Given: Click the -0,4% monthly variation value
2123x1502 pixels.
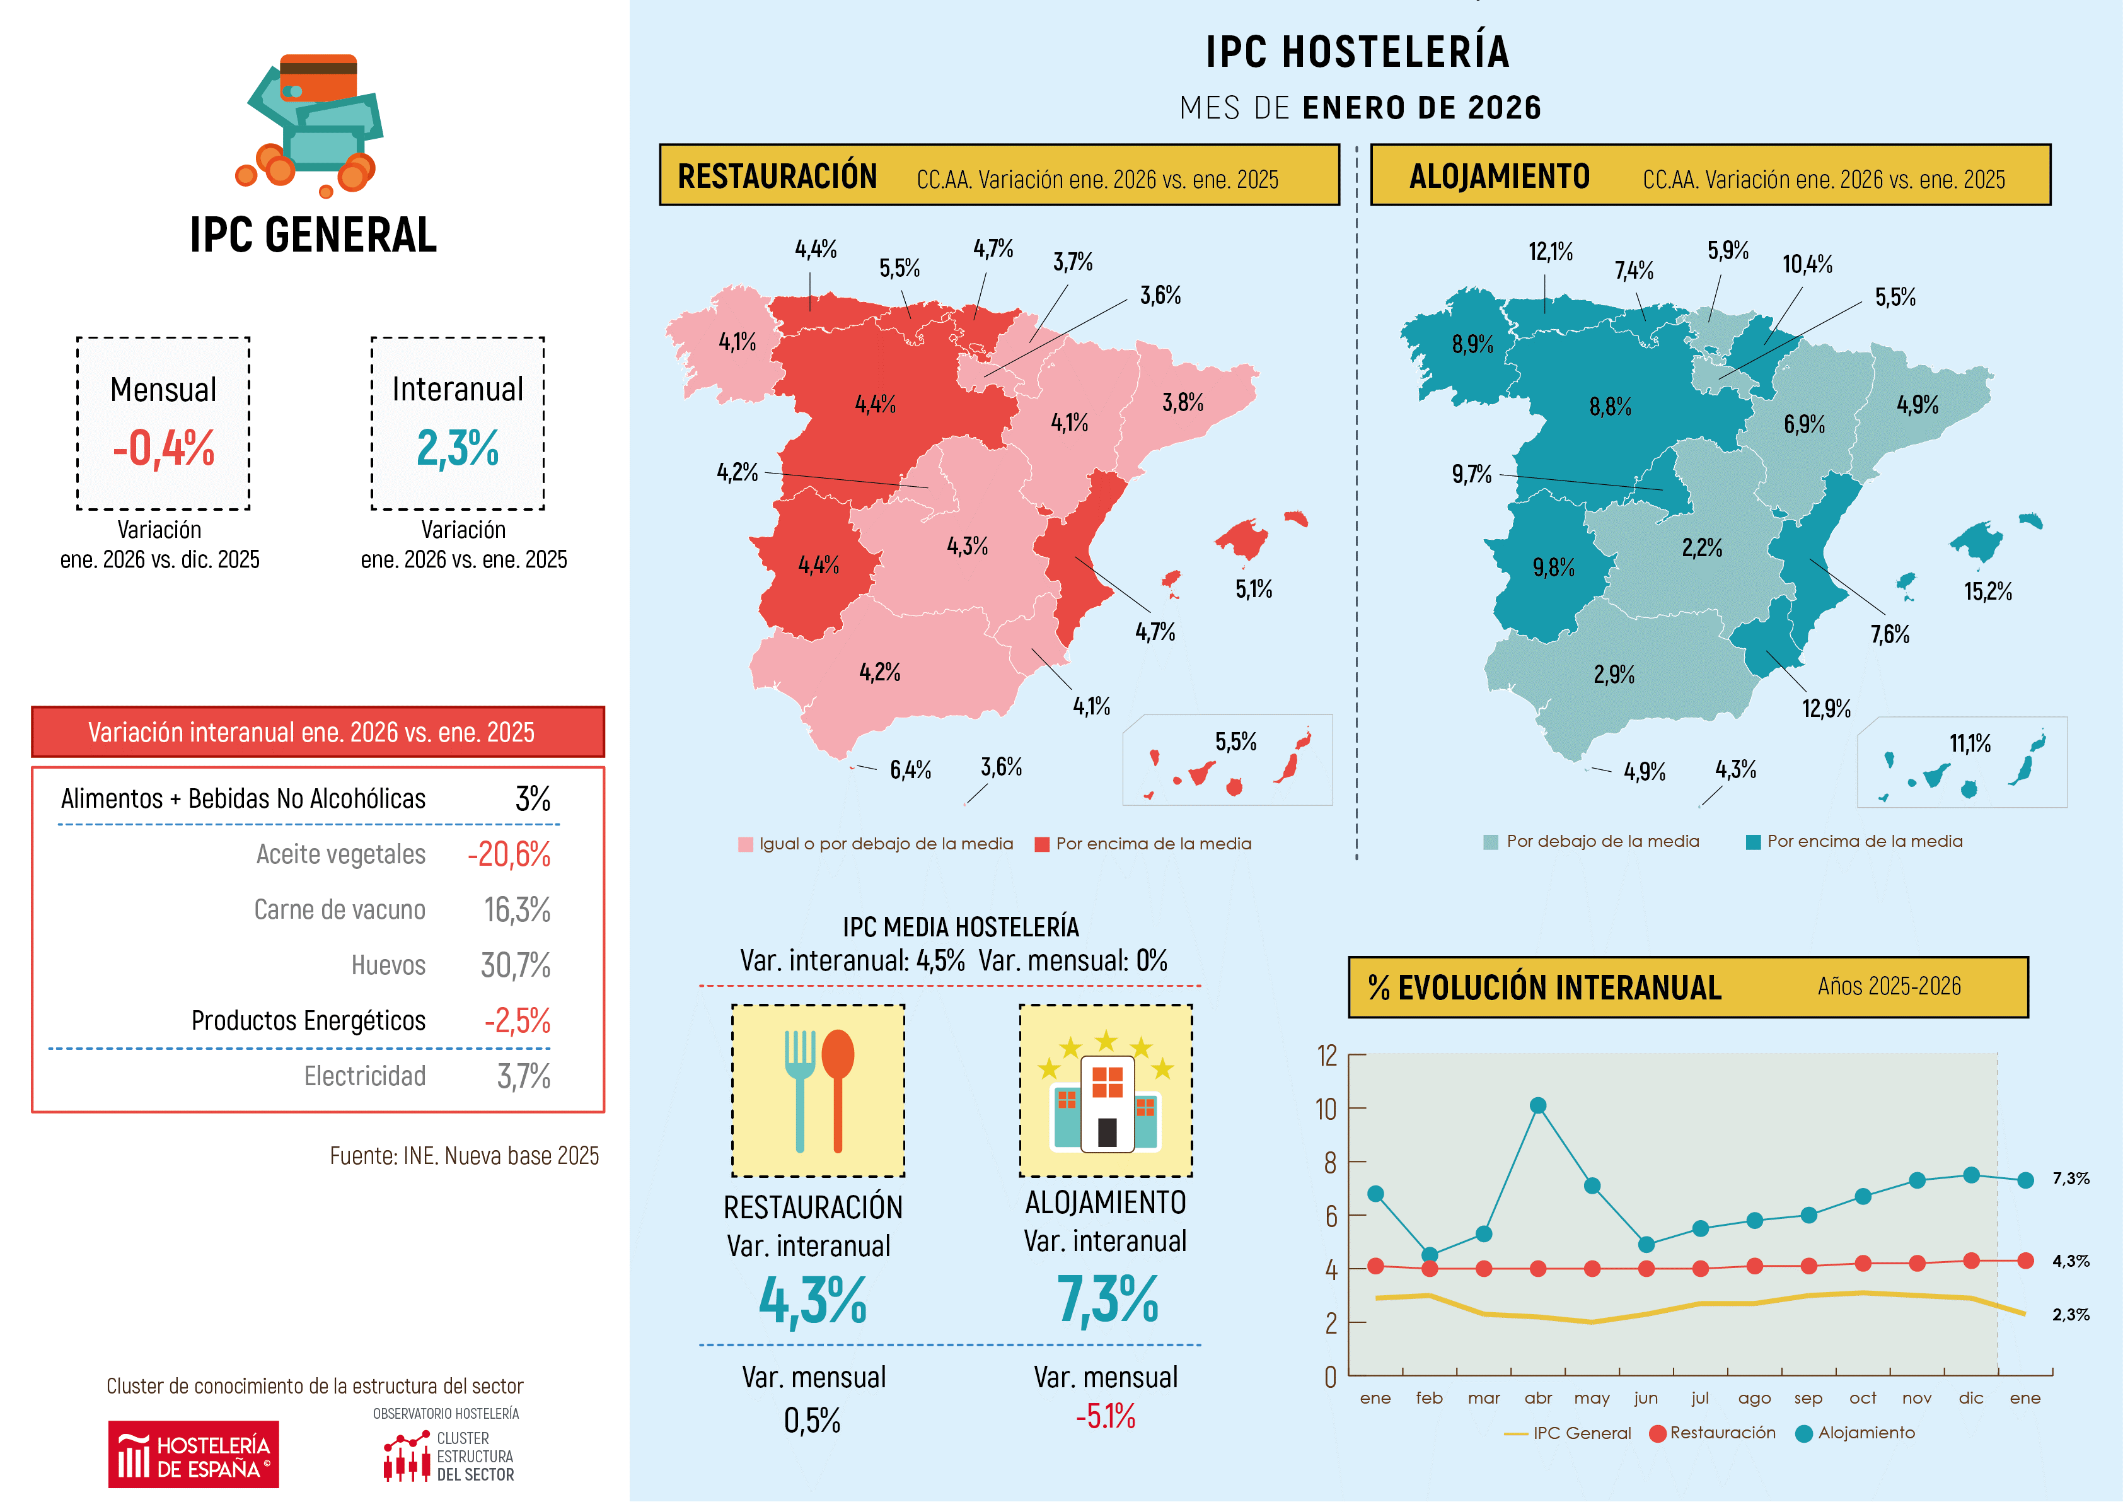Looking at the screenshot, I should (164, 448).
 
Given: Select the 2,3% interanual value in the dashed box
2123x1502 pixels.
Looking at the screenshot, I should (458, 448).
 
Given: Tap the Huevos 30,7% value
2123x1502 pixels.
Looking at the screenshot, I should (515, 965).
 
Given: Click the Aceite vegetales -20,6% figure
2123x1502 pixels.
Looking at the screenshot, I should (509, 854).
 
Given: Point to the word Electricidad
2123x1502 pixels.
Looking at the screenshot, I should (364, 1076).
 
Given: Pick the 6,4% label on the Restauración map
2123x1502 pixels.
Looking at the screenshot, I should (910, 769).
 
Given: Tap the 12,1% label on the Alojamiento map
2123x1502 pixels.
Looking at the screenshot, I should (1550, 252).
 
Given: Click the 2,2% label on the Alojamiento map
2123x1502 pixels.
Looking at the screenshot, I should (1701, 547).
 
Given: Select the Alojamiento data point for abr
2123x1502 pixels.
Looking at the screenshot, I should (1537, 1105).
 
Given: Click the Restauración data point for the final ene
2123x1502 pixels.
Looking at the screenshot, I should (2025, 1260).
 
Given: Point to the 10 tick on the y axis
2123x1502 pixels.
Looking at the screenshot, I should (1326, 1109).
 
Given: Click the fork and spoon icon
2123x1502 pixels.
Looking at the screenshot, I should (818, 1090).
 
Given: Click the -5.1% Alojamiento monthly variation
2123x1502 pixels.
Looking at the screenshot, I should (1105, 1416).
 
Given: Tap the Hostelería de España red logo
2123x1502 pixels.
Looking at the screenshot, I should (194, 1454).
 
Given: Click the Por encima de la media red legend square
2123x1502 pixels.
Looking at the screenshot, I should (1041, 844).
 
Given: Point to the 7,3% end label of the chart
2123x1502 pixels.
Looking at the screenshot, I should (2070, 1179).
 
